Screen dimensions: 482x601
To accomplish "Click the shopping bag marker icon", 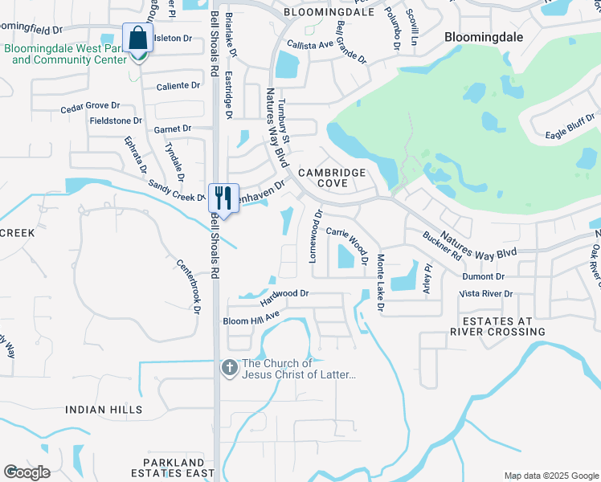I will [138, 38].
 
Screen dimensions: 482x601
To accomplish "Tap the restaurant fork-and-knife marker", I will [223, 198].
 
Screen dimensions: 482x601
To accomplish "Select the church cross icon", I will [230, 368].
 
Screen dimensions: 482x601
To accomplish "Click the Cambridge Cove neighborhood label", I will [333, 178].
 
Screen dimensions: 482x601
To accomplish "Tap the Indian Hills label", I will [104, 410].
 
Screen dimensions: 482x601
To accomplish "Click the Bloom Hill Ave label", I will [250, 321].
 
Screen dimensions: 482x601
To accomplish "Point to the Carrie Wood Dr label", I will [349, 244].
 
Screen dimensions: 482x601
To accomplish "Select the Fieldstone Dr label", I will [115, 120].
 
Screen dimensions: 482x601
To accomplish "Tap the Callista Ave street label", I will [309, 45].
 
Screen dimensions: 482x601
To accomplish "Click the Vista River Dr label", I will [485, 294].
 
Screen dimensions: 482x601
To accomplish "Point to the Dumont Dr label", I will [483, 276].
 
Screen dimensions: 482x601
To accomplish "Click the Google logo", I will [27, 472].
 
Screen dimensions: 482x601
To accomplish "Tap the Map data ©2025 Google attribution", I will [550, 475].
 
